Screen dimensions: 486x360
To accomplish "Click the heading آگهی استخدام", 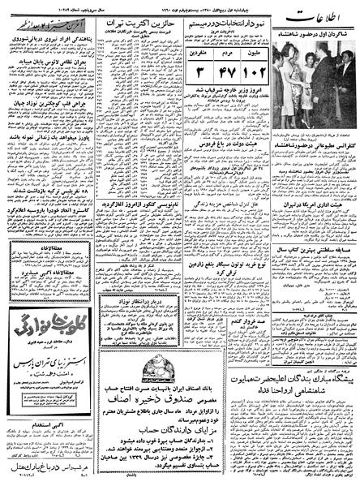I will point(48,423).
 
